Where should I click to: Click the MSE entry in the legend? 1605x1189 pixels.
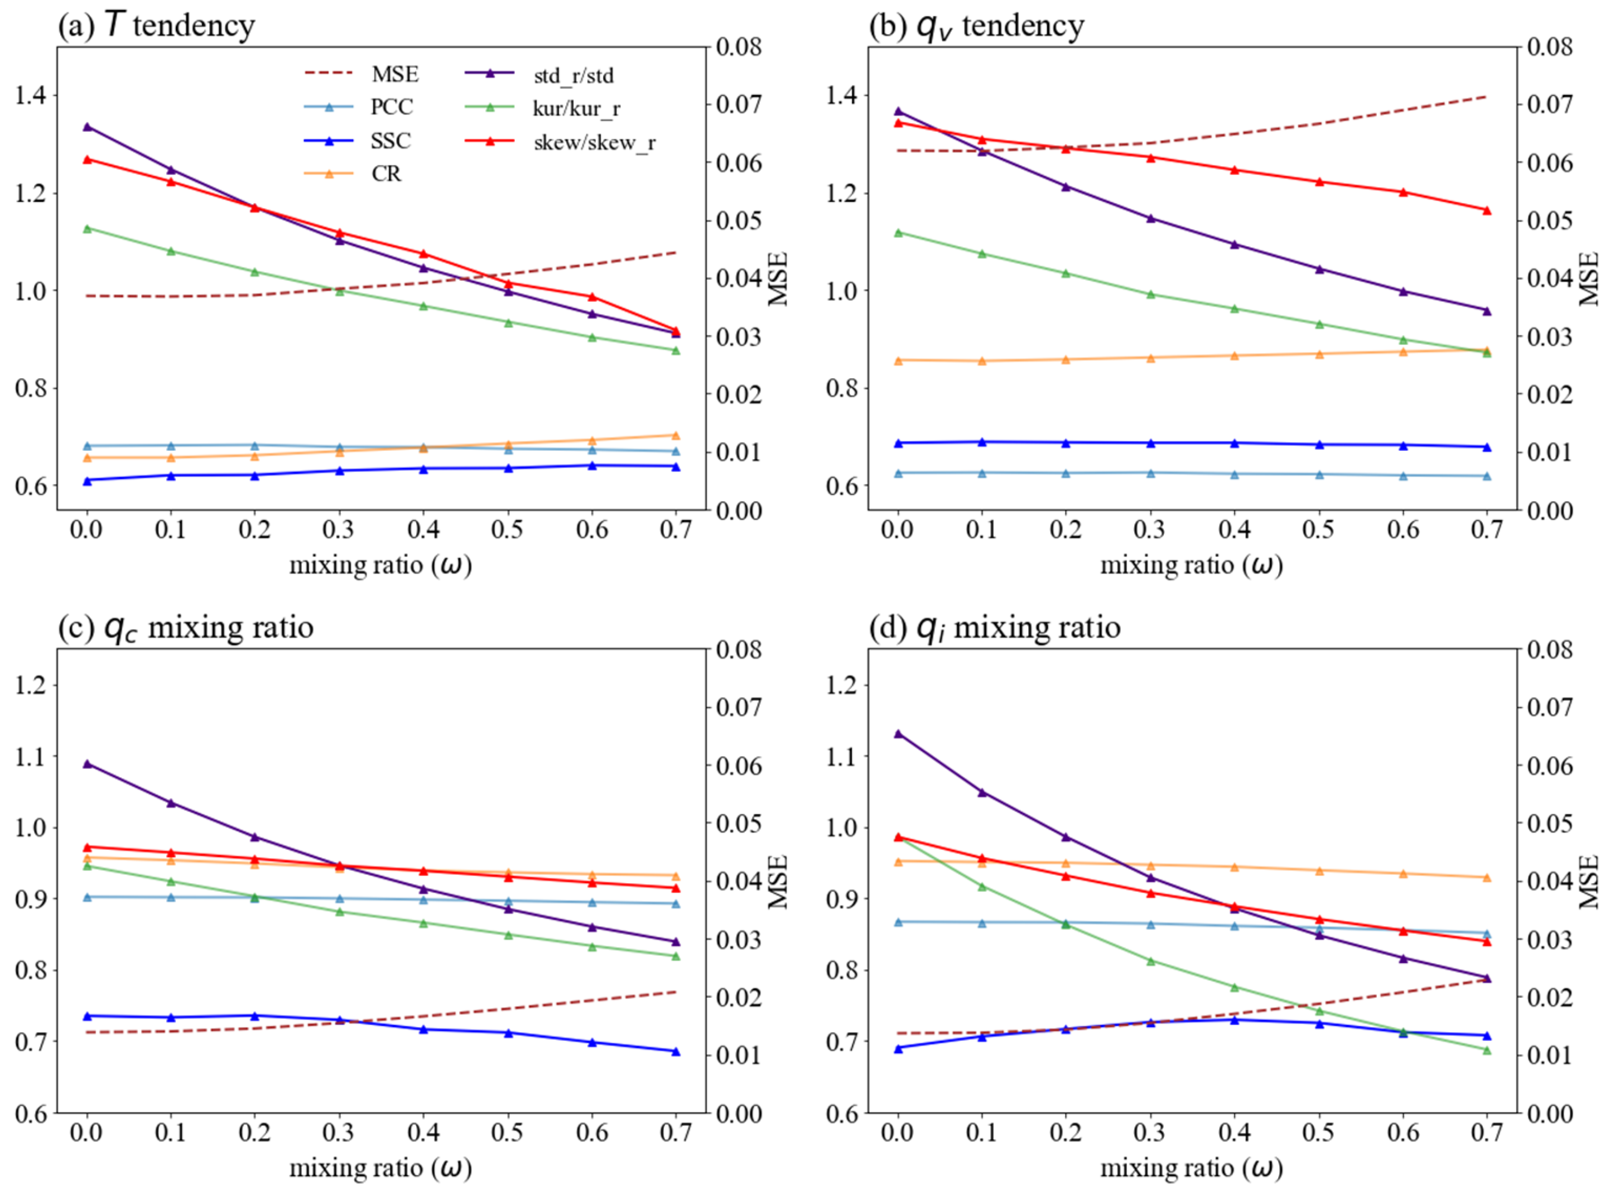(x=394, y=74)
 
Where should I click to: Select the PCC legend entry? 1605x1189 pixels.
(x=392, y=107)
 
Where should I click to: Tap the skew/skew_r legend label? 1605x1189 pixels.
(x=595, y=142)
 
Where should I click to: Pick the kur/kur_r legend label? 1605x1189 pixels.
(x=576, y=109)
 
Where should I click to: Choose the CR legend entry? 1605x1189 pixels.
(x=387, y=174)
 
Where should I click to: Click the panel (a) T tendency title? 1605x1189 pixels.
(x=156, y=25)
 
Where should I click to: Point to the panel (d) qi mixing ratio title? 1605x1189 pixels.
(x=995, y=628)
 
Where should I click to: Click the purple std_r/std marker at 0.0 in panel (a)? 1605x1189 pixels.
(x=87, y=127)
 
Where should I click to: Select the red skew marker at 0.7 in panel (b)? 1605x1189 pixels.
(x=1487, y=211)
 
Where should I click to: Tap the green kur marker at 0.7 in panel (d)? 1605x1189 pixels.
(x=1487, y=1051)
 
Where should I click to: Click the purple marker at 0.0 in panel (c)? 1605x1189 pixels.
(x=87, y=764)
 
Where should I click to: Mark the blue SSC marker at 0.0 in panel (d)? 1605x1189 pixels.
(x=898, y=1048)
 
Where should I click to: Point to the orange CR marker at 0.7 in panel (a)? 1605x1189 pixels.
(x=676, y=435)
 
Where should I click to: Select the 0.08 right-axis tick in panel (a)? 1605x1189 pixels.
(x=739, y=47)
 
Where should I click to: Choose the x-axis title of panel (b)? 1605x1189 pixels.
(x=1192, y=566)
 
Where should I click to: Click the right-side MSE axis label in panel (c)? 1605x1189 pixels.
(x=778, y=882)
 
